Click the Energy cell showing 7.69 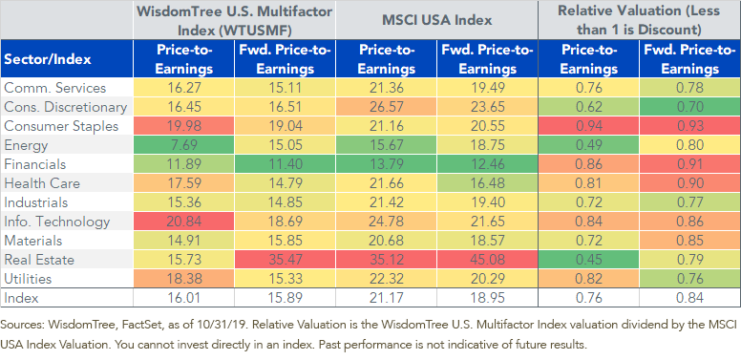coord(184,145)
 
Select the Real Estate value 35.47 coord(285,260)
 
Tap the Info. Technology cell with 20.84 coord(184,222)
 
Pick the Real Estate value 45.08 coord(487,260)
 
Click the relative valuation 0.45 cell coord(589,260)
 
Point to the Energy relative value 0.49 coord(589,145)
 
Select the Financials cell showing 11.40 coord(285,164)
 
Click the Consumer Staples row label coord(61,126)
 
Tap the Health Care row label coord(42,183)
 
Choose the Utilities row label coord(28,278)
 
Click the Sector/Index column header coord(47,59)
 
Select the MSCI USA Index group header coord(436,20)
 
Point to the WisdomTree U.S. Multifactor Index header coord(234,20)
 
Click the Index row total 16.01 coord(184,298)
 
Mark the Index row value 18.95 coord(487,298)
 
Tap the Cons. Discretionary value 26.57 coord(386,107)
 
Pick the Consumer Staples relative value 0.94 coord(589,126)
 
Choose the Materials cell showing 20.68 coord(386,241)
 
